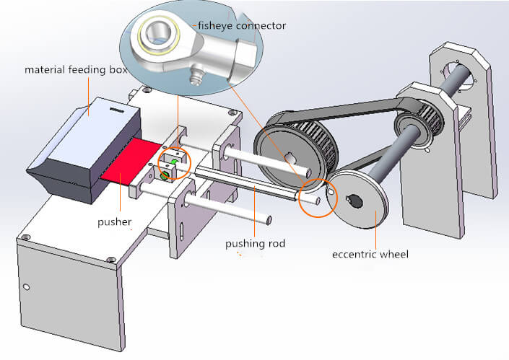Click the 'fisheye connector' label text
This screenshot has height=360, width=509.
click(240, 25)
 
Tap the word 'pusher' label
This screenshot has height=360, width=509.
click(115, 222)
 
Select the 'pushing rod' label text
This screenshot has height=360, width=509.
click(255, 243)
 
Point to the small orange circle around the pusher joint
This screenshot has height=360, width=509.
click(173, 162)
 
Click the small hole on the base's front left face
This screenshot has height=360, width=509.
click(26, 287)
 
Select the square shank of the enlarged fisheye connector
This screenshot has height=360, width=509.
click(241, 54)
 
